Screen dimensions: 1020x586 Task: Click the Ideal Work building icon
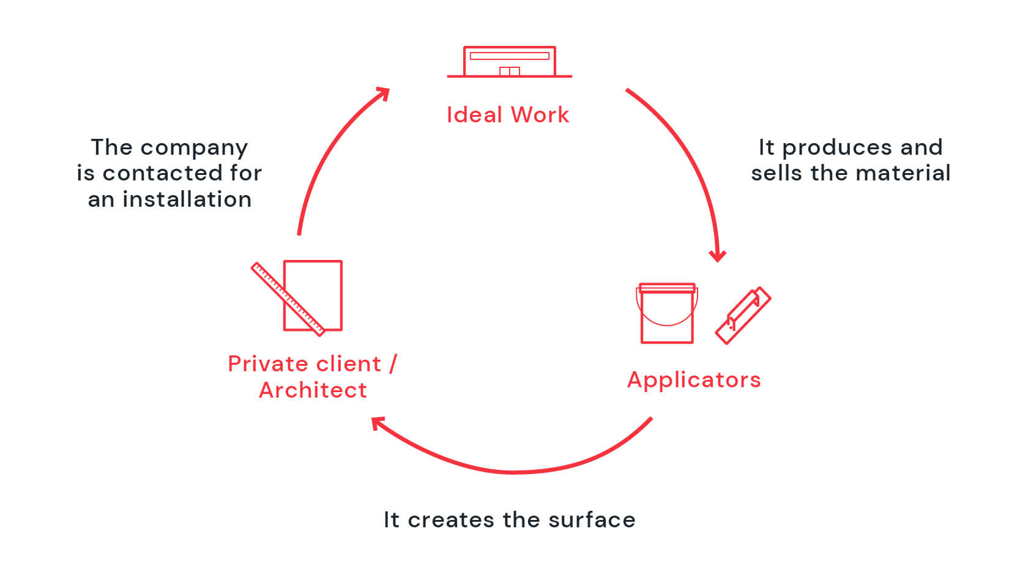(509, 62)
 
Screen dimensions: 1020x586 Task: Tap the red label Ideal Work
(508, 115)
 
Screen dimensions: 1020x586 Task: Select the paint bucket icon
(667, 313)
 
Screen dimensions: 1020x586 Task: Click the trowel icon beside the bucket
(743, 315)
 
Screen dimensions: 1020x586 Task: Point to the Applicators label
(694, 380)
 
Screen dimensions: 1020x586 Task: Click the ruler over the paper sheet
(288, 299)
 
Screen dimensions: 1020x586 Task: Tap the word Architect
(313, 390)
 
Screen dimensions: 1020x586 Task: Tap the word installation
(187, 199)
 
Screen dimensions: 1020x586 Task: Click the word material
(903, 173)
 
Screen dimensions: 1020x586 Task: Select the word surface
(592, 519)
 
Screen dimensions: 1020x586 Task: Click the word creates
(451, 520)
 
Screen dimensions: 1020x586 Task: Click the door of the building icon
(510, 71)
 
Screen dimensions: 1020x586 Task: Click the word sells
(776, 173)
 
